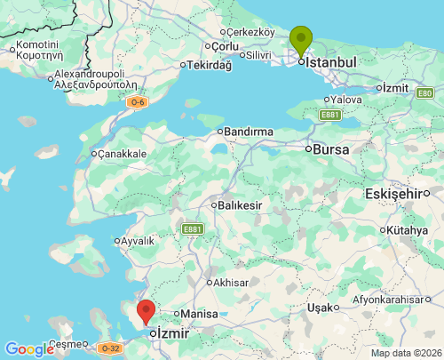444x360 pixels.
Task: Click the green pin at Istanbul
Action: pos(302,39)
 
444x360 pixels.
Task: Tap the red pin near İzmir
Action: pos(146,312)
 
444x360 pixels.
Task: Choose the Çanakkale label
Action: pos(121,154)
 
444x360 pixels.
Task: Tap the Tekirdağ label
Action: pos(210,65)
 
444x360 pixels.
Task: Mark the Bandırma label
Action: pos(249,132)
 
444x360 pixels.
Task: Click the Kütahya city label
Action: pos(408,230)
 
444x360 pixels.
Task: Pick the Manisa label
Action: pos(200,314)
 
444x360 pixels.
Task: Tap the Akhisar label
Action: pos(231,283)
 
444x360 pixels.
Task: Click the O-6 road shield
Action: pos(137,103)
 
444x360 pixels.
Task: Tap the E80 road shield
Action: pos(425,92)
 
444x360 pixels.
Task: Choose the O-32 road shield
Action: pos(108,348)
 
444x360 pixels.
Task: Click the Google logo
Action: pos(29,349)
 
